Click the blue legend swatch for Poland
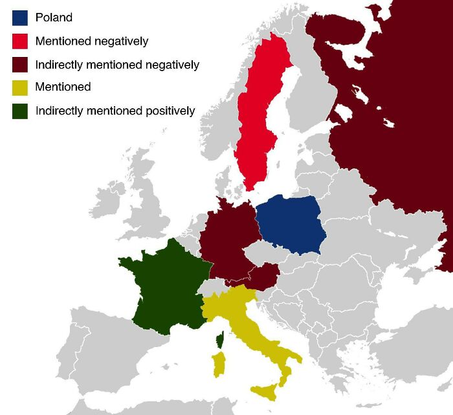click(20, 17)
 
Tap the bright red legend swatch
click(20, 41)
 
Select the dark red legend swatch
click(20, 64)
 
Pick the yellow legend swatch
click(20, 87)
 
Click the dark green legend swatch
click(20, 110)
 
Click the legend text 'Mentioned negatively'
click(92, 41)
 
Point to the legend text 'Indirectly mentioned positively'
click(115, 111)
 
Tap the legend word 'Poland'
click(54, 17)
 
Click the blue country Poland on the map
click(289, 224)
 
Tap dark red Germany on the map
click(226, 240)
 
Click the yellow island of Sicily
click(267, 391)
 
